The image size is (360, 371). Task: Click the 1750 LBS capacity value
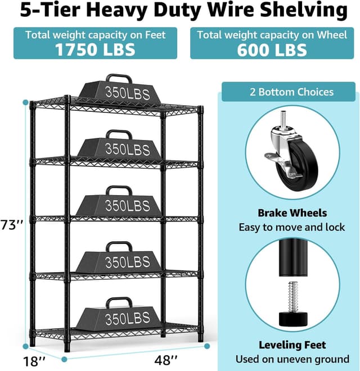pos(95,49)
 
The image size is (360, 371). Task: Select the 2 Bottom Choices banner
pos(288,92)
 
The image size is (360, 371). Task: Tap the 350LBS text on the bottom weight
pos(128,319)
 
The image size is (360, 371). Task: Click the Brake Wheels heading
pos(292,213)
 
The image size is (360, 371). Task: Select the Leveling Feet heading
pos(292,345)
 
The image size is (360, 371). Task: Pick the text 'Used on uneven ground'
pos(292,359)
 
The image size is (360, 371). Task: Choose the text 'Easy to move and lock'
pos(292,227)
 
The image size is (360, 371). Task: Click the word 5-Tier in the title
pos(48,11)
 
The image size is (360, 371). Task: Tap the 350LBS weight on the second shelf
pos(119,147)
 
